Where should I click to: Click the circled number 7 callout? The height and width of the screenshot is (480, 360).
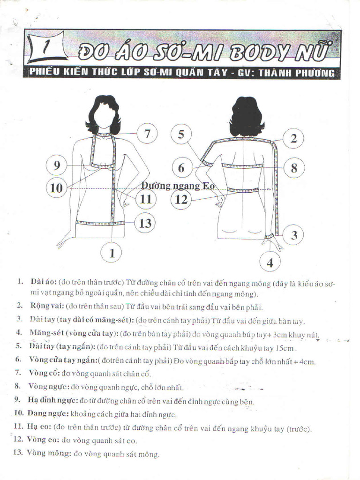tap(147, 134)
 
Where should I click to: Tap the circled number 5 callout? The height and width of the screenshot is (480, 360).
tap(181, 135)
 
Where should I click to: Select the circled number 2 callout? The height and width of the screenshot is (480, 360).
tap(293, 138)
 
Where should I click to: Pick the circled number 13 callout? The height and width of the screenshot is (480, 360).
tap(145, 223)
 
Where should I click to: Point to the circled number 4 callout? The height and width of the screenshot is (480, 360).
tap(270, 262)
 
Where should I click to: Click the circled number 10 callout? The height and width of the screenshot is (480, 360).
tap(56, 187)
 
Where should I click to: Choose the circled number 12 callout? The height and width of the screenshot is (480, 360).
tap(181, 200)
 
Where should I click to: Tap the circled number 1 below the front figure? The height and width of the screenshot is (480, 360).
tap(112, 253)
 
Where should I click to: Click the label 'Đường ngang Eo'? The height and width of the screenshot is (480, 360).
tap(178, 186)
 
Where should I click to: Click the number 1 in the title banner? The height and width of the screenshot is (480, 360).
tap(45, 47)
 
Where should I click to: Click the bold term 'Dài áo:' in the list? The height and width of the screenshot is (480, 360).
tap(42, 282)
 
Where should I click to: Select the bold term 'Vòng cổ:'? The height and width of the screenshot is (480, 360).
tap(44, 373)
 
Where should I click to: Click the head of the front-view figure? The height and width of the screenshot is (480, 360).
tap(104, 114)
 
